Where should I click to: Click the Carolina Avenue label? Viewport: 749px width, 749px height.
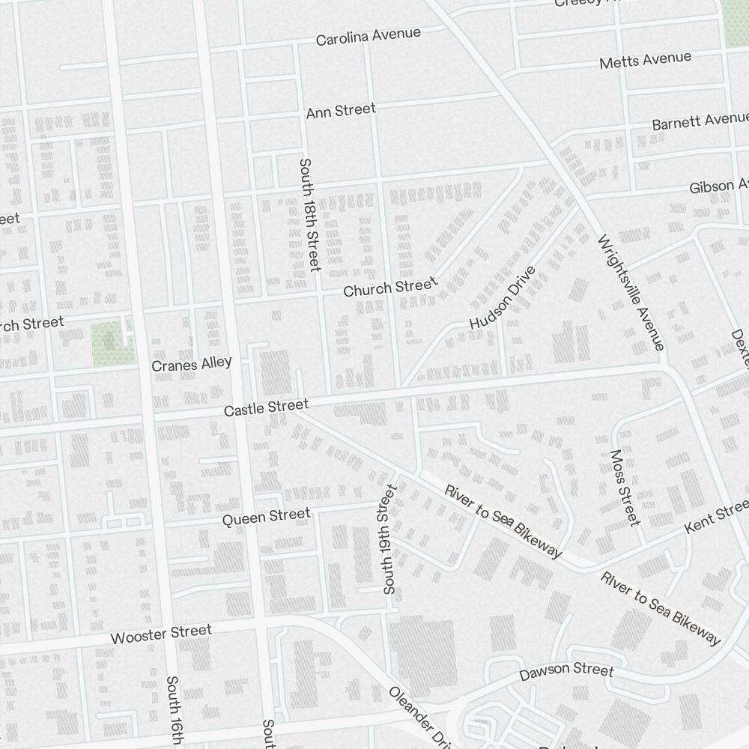[368, 36]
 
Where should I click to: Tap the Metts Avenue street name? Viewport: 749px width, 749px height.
[645, 60]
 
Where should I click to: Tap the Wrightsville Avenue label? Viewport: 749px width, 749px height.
[631, 291]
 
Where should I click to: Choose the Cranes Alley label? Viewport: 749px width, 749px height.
[192, 365]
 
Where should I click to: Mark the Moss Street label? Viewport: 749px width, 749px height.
[625, 487]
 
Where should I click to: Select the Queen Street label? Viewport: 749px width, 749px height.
[266, 516]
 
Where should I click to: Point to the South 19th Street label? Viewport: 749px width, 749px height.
[389, 539]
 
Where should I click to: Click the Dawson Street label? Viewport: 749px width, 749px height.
[567, 670]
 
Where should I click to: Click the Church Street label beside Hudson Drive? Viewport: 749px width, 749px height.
[389, 287]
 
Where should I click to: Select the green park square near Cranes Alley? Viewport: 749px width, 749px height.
[109, 343]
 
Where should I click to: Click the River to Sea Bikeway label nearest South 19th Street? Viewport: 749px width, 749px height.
[503, 522]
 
